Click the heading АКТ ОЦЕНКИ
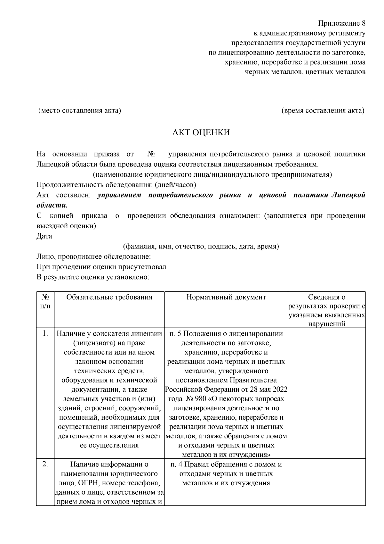click(x=201, y=133)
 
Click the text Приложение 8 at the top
click(x=341, y=23)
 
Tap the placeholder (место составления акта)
click(x=79, y=111)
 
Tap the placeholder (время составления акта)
click(x=323, y=111)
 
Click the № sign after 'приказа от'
click(x=151, y=154)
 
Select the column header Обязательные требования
click(x=109, y=297)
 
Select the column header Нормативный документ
click(x=226, y=297)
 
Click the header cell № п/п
click(x=45, y=301)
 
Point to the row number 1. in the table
click(x=45, y=334)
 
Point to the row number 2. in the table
click(x=45, y=464)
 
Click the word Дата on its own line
click(x=44, y=236)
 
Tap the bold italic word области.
click(x=52, y=205)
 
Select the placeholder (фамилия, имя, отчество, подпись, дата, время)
click(x=201, y=247)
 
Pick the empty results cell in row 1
click(x=326, y=393)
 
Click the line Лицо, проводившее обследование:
click(x=93, y=257)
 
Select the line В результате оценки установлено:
click(x=93, y=277)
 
